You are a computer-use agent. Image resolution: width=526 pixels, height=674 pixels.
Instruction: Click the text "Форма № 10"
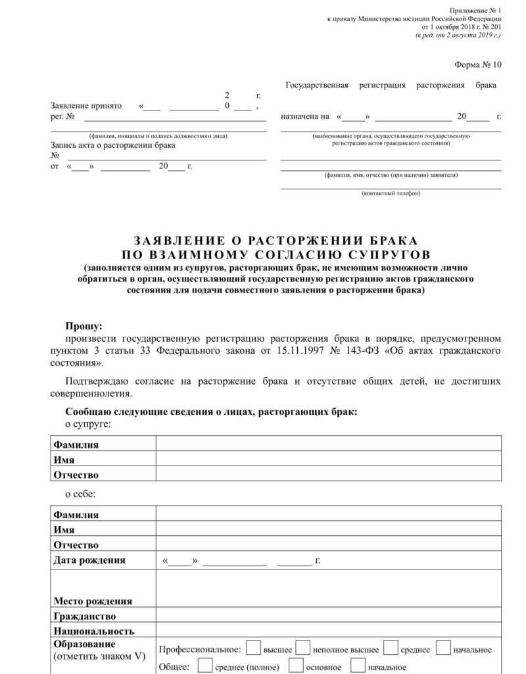click(x=477, y=64)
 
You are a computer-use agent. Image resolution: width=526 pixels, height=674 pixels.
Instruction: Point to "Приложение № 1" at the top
click(x=475, y=11)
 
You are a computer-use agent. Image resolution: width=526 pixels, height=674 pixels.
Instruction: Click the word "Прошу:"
click(x=84, y=326)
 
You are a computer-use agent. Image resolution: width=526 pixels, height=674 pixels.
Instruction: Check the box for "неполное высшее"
click(x=303, y=648)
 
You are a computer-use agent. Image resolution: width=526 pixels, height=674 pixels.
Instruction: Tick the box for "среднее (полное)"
click(x=204, y=666)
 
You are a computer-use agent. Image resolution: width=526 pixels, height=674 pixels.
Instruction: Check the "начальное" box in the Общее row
click(x=358, y=666)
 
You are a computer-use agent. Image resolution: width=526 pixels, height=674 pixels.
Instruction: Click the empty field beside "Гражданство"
click(x=328, y=616)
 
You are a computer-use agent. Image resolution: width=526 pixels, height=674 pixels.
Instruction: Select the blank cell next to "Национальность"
click(x=328, y=631)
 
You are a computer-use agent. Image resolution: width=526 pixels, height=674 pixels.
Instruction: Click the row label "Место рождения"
click(x=93, y=601)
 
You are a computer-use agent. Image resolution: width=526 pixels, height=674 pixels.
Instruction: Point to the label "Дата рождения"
click(x=89, y=560)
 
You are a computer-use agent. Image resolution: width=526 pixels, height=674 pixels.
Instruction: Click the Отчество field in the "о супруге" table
click(x=328, y=475)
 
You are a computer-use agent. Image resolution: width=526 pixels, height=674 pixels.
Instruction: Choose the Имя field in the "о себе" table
click(x=328, y=529)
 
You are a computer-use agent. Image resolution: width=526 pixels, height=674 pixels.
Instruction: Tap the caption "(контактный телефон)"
click(x=391, y=193)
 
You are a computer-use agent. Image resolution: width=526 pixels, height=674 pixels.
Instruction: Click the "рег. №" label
click(x=62, y=116)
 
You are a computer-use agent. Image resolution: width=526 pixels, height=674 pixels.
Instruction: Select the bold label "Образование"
click(x=84, y=644)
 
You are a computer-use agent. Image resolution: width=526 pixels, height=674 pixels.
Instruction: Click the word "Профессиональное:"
click(x=200, y=650)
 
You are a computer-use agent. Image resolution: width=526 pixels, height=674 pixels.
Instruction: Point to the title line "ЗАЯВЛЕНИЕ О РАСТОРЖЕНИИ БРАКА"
click(x=275, y=241)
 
